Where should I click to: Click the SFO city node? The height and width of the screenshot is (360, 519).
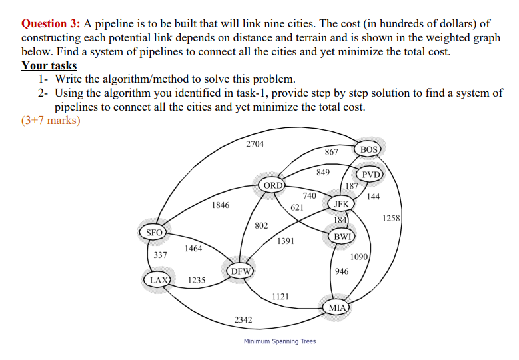click(x=154, y=233)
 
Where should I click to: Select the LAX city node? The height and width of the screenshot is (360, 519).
click(x=159, y=279)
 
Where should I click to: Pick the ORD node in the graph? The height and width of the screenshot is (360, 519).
click(x=273, y=185)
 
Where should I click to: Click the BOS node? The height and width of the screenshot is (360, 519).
click(x=368, y=149)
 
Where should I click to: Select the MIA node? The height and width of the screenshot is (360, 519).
click(x=338, y=307)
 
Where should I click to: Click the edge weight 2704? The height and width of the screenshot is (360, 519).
click(x=255, y=144)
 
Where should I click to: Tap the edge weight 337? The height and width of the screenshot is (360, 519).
click(x=160, y=255)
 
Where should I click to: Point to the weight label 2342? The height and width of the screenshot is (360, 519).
click(x=243, y=321)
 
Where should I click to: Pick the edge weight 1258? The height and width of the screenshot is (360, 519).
click(x=391, y=218)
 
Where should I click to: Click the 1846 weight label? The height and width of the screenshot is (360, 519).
click(x=221, y=206)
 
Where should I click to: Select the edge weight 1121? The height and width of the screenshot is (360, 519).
click(x=280, y=297)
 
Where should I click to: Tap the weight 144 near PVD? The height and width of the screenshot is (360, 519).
click(x=373, y=197)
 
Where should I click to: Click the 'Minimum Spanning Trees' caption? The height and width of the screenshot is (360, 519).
click(x=280, y=341)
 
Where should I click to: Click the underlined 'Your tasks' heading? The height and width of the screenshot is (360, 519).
click(x=49, y=65)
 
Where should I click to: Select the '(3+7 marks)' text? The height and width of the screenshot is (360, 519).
click(x=51, y=121)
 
